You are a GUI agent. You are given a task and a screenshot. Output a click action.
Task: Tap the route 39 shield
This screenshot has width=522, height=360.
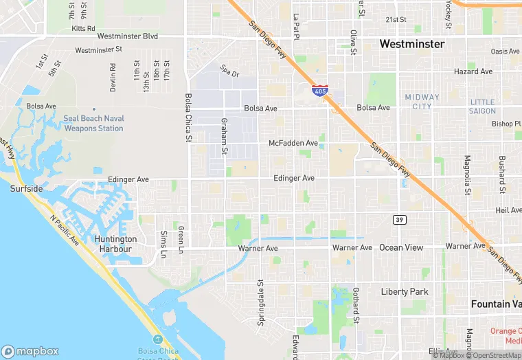click(x=398, y=220)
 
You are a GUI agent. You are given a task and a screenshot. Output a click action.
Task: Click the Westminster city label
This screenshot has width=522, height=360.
click(x=411, y=44)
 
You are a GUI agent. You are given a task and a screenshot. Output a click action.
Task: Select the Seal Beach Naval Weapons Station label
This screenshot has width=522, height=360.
click(x=93, y=123)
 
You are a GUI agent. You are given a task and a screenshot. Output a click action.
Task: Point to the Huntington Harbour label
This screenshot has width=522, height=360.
click(x=116, y=244)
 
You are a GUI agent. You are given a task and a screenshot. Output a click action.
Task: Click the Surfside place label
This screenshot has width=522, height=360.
click(x=26, y=188)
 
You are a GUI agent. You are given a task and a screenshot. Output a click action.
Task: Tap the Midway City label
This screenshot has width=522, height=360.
click(x=418, y=102)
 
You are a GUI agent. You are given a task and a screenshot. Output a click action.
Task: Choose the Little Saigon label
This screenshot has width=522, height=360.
click(x=482, y=106)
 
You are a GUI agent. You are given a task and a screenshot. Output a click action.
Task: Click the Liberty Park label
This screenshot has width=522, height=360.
click(x=405, y=292)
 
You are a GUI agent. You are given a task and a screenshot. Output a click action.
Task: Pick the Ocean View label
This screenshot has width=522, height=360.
click(x=401, y=247)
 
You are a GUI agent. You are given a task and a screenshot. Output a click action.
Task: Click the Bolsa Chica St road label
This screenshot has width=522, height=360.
click(x=188, y=118)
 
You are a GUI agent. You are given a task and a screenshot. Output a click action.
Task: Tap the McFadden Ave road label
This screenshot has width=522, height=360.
click(x=293, y=143)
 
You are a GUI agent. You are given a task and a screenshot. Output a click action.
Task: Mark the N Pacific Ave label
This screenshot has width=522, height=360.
click(x=64, y=230)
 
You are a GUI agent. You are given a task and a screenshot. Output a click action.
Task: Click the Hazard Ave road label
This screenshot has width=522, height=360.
click(x=473, y=71)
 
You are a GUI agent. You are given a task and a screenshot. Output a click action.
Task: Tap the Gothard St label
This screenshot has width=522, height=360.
click(x=356, y=305)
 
